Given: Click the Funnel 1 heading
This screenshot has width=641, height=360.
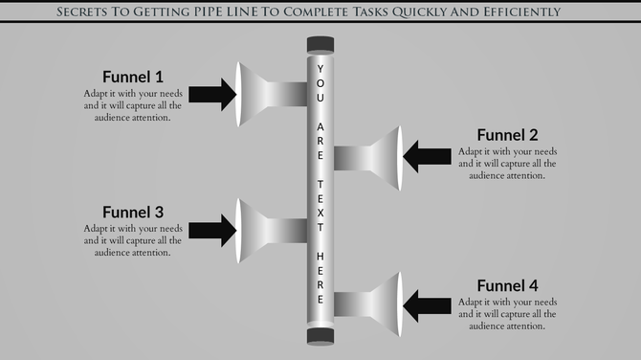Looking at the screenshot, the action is pos(133,77).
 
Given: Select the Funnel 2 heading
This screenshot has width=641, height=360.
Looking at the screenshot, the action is pos(507,135).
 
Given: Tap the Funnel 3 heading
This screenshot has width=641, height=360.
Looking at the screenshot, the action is pos(133,212).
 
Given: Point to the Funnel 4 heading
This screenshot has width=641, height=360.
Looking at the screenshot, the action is pos(507,285).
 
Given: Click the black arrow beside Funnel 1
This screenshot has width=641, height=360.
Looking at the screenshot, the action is pos(211,93).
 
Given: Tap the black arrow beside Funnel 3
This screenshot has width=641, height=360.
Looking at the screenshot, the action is pos(211,229).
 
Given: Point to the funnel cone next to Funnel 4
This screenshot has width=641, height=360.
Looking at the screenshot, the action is pos(385,305).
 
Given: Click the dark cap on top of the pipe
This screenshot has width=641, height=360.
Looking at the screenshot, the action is pos(320,43).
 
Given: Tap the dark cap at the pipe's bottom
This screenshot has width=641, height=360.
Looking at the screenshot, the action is pos(320,334).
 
